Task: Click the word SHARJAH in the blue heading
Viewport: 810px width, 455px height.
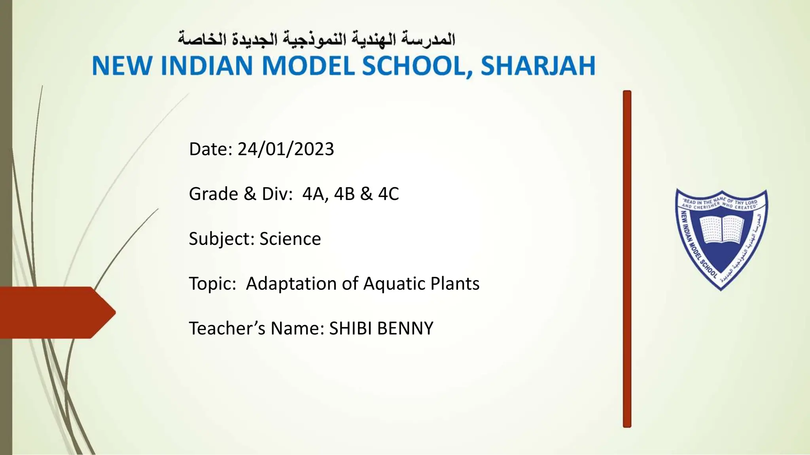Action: [538, 66]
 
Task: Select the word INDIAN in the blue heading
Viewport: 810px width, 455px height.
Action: [207, 66]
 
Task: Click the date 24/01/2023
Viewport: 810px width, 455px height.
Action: [286, 149]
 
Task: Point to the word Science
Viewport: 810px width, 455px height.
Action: [290, 239]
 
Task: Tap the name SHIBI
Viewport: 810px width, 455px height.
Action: [351, 329]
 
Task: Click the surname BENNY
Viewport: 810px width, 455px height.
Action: [405, 329]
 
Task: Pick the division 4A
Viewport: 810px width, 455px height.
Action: [315, 194]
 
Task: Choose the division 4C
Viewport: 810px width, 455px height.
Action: [388, 194]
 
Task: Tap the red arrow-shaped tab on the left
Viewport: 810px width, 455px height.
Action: [55, 312]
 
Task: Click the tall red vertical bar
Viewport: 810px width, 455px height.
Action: [627, 259]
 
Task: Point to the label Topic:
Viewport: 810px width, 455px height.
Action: [212, 284]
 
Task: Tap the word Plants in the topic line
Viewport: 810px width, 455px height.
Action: [455, 284]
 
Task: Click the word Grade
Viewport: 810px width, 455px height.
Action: [213, 194]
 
